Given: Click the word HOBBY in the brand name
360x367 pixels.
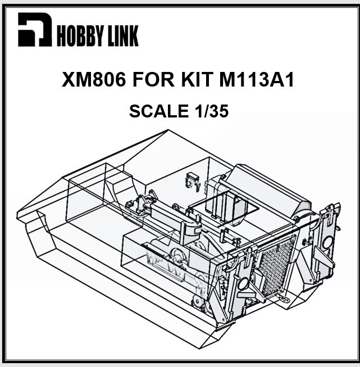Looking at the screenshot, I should click(79, 36).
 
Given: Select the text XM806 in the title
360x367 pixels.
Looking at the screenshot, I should click(94, 80).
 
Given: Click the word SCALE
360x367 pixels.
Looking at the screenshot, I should click(158, 111).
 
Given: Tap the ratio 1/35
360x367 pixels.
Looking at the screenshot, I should click(211, 111).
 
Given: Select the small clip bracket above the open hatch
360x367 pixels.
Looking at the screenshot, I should click(192, 180).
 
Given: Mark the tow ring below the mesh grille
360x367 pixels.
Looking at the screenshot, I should click(285, 300).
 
